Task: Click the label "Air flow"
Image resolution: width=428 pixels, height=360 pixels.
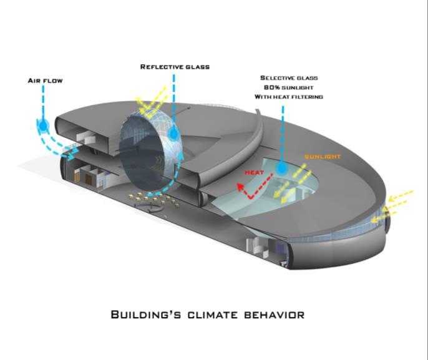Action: (45, 80)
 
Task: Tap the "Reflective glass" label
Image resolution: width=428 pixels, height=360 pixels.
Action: (175, 66)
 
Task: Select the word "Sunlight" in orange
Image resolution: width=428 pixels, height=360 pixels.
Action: (323, 156)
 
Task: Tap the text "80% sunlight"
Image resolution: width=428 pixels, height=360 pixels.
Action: (288, 87)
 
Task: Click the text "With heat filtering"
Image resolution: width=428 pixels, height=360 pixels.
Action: (288, 97)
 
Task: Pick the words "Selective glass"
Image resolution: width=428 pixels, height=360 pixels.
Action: (289, 78)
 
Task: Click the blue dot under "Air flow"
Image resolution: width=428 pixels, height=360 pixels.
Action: (43, 126)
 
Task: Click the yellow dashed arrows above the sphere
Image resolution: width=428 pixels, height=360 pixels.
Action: (153, 104)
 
